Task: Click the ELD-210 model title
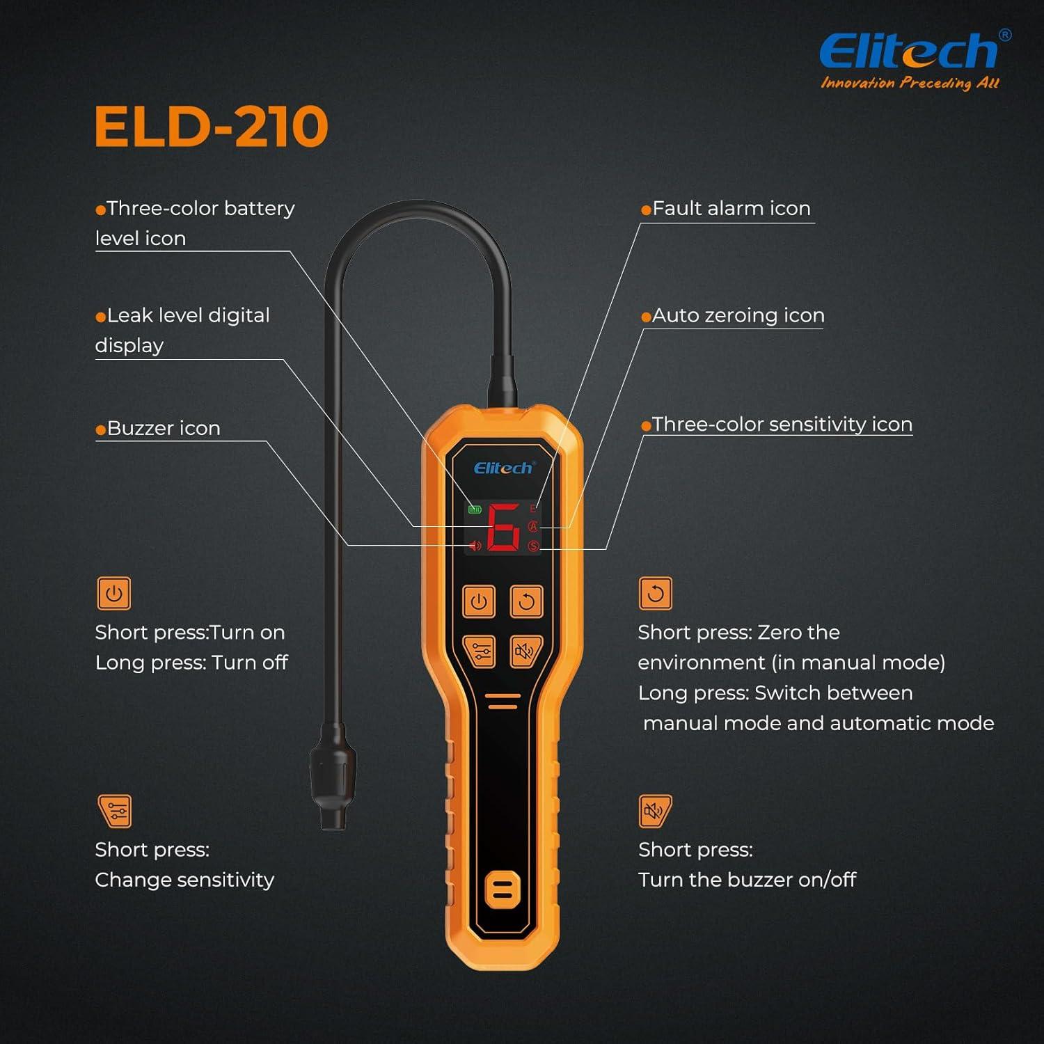coord(211,127)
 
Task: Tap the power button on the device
coord(479,601)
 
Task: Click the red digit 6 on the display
coord(503,527)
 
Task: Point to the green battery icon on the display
coord(475,509)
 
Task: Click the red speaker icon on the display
coord(475,546)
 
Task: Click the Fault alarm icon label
coord(731,208)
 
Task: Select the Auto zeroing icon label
coord(738,315)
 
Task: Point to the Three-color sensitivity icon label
coord(782,425)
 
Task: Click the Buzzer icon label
coord(164,428)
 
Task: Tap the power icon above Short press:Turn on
coord(113,594)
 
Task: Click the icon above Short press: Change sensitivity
coord(115,811)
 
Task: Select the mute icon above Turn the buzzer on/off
coord(655,811)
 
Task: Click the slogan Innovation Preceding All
coord(910,83)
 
